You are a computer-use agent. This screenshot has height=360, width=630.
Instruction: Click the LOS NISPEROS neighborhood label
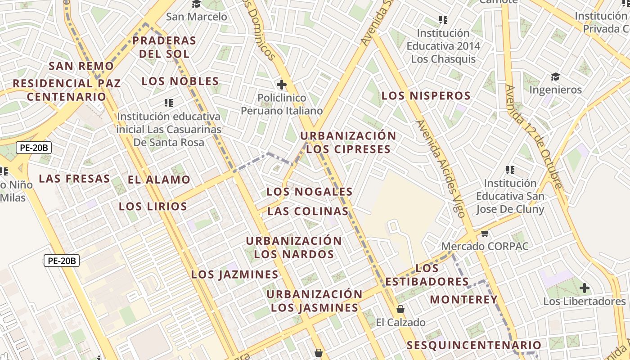(x=426, y=96)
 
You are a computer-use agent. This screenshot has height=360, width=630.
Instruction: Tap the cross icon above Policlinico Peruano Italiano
(x=282, y=84)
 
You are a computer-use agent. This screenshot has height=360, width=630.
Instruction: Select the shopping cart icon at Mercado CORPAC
(x=485, y=233)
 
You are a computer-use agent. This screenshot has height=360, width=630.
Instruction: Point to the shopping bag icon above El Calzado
(x=400, y=309)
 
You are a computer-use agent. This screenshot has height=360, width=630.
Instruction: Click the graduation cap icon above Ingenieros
(x=555, y=76)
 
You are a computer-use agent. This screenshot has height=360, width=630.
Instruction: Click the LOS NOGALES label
(x=309, y=192)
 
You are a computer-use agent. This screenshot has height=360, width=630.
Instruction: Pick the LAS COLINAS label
(x=308, y=211)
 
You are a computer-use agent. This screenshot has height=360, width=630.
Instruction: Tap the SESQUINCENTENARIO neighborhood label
(x=474, y=346)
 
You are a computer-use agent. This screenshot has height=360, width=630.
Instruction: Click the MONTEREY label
(x=463, y=300)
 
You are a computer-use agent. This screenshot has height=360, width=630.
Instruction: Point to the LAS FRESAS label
(x=74, y=179)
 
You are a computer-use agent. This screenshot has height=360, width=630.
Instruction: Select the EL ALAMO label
(x=159, y=180)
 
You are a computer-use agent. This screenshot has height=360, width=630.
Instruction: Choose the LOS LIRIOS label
(x=153, y=207)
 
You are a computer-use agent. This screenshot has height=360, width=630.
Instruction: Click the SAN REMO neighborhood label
(x=81, y=66)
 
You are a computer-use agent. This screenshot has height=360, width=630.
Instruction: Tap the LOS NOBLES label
(x=180, y=81)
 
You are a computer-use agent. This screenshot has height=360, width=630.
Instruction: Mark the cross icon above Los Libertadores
(x=584, y=288)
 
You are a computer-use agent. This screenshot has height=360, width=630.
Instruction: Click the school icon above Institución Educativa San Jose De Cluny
(x=510, y=170)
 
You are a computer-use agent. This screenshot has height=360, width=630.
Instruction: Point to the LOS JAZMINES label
(x=234, y=274)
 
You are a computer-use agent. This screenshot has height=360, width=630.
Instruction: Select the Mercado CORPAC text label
(x=485, y=247)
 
